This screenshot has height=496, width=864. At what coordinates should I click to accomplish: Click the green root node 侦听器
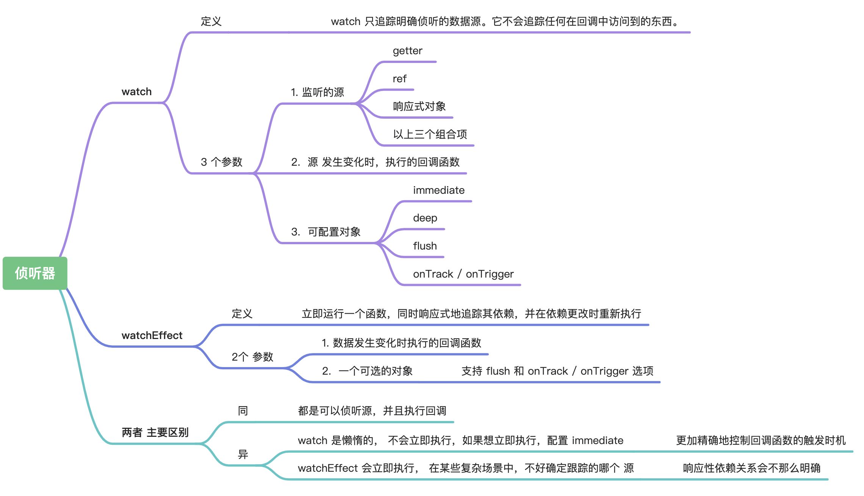[x=35, y=273]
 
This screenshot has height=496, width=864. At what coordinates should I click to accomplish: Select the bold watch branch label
[x=136, y=92]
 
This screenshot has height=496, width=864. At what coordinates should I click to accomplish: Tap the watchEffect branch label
[x=152, y=335]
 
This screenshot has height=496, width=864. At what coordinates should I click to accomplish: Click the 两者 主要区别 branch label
[x=155, y=432]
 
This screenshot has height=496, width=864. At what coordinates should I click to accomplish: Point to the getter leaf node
[x=407, y=51]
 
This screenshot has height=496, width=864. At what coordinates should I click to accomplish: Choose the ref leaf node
[x=399, y=79]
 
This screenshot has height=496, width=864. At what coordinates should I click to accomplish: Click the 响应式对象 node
[x=419, y=107]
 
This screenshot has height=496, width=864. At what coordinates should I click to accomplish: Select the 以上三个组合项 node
[x=430, y=134]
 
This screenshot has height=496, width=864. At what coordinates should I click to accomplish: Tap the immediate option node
[x=438, y=190]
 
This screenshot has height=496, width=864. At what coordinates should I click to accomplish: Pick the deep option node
[x=425, y=218]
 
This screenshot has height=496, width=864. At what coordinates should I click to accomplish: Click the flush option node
[x=425, y=246]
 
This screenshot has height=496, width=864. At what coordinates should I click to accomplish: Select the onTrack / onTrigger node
[x=463, y=274]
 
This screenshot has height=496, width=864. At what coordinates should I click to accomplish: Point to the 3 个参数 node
[x=221, y=162]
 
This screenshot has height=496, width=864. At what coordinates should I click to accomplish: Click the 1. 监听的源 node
[x=317, y=92]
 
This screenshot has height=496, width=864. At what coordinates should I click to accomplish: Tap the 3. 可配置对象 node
[x=326, y=232]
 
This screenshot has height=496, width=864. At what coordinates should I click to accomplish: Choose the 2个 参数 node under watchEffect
[x=252, y=357]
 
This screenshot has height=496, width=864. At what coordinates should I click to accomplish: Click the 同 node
[x=243, y=411]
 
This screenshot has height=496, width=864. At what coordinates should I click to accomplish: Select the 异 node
[x=243, y=454]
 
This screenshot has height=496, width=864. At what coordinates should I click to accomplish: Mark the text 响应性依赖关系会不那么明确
[x=751, y=468]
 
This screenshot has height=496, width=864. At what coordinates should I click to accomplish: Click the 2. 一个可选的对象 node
[x=367, y=371]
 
